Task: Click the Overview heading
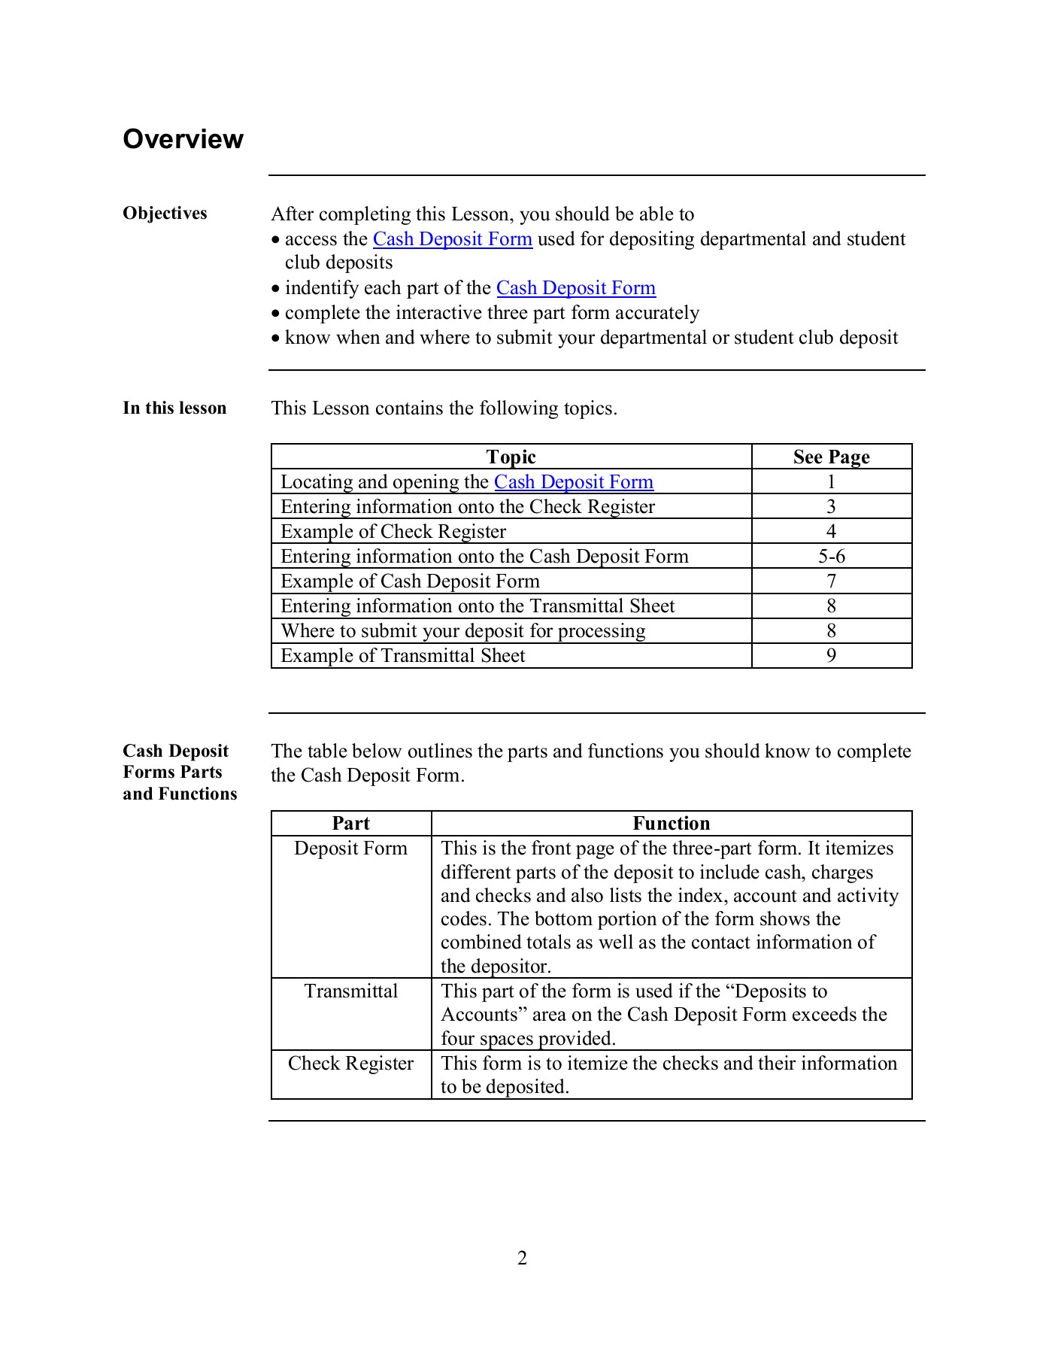point(183,139)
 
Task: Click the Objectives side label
point(165,214)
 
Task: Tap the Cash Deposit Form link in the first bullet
point(452,239)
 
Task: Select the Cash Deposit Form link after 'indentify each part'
point(575,288)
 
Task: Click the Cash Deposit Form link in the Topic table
point(573,482)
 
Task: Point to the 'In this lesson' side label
point(174,408)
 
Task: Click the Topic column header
point(511,457)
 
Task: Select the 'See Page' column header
point(831,457)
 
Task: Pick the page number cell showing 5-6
point(831,557)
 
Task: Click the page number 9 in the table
point(831,656)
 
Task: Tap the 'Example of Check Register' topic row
point(393,532)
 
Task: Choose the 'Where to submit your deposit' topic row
point(462,631)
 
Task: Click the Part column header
point(350,824)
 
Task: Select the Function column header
point(671,824)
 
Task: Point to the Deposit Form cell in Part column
point(350,849)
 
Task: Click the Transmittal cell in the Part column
point(350,991)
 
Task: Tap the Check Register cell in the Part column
point(350,1064)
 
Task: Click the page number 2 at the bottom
point(522,1258)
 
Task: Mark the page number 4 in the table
point(831,532)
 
